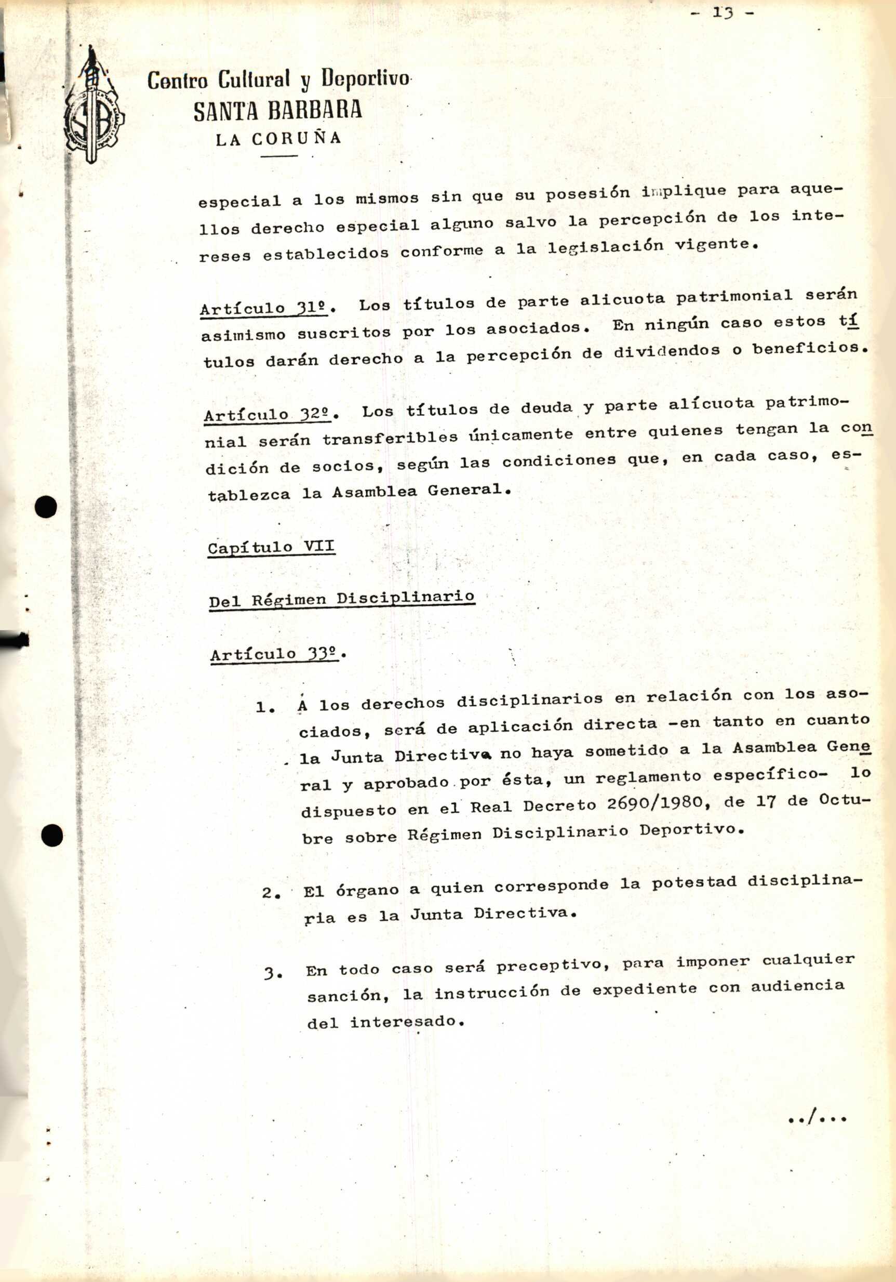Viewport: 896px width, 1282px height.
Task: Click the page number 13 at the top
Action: (x=723, y=13)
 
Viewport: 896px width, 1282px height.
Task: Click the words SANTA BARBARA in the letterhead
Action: (x=278, y=111)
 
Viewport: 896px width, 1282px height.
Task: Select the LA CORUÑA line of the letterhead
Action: (x=278, y=138)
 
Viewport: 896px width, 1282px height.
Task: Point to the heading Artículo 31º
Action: (x=266, y=308)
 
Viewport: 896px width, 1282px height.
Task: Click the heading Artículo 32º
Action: (x=269, y=414)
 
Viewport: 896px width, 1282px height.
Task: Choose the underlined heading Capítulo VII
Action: (x=271, y=547)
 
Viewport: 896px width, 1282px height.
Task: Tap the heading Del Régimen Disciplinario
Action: (x=342, y=599)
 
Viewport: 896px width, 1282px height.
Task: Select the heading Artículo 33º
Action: (x=275, y=653)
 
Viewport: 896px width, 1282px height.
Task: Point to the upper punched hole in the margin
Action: (x=46, y=507)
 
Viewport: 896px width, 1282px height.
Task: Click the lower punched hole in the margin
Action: (x=52, y=836)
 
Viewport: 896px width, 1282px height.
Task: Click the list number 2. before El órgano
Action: (x=271, y=893)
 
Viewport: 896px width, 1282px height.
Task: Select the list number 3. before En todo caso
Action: (x=273, y=974)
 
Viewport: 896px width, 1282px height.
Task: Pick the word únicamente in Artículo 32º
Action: (x=520, y=434)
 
